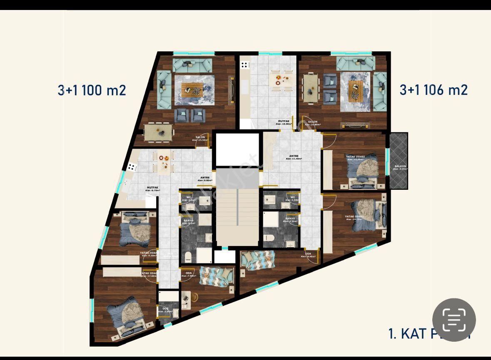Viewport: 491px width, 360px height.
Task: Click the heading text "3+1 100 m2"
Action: tap(92, 90)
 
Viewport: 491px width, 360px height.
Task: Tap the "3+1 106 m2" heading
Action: tap(434, 89)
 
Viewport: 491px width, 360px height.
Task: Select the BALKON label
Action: tap(400, 167)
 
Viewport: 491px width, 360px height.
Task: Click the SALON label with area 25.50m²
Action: tap(200, 139)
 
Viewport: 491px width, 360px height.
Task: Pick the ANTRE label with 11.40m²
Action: tap(294, 157)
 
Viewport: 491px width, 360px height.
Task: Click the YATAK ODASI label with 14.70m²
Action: tap(354, 218)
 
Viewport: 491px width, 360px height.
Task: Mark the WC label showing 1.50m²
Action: tap(292, 199)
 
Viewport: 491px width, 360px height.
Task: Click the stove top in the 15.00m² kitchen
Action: tap(244, 65)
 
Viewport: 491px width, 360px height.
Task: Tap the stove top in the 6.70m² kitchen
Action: tap(132, 167)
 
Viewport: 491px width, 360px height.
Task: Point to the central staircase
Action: tap(237, 216)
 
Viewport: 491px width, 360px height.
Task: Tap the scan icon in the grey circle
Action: tap(454, 320)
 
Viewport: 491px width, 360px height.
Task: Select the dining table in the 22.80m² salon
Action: tap(310, 87)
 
